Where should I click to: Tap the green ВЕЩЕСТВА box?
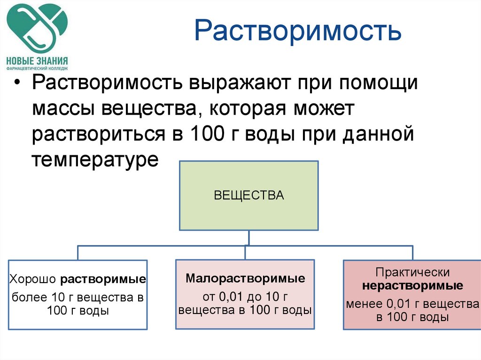(x=249, y=195)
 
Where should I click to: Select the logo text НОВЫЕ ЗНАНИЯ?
(x=37, y=60)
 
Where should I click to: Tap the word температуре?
(x=96, y=160)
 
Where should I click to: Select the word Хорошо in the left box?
(x=33, y=280)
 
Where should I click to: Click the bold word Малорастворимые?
(x=245, y=278)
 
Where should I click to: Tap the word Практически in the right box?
(x=413, y=272)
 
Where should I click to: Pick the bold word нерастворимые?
(x=412, y=286)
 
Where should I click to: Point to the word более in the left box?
(x=28, y=297)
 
